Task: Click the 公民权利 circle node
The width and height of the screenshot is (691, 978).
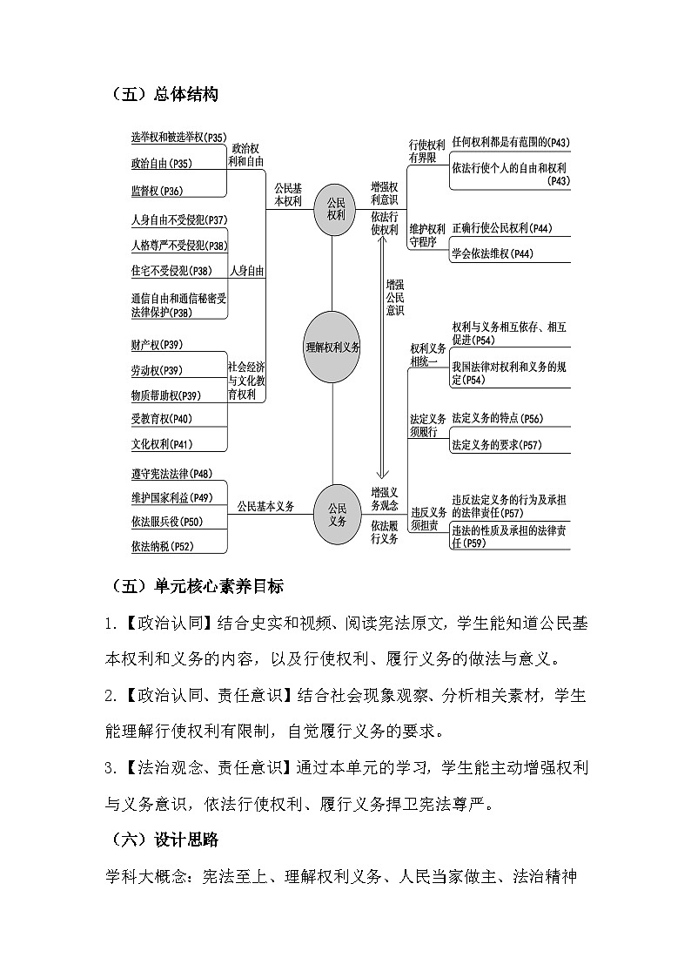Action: click(x=336, y=209)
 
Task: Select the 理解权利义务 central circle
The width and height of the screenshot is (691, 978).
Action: click(x=332, y=346)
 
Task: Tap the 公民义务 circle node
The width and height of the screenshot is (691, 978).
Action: click(x=336, y=514)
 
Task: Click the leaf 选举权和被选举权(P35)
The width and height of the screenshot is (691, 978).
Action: click(x=178, y=138)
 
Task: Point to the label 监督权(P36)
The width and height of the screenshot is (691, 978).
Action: click(x=157, y=191)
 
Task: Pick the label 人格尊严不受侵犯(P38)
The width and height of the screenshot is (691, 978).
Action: click(x=178, y=245)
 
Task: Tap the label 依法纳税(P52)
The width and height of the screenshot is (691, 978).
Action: click(x=162, y=546)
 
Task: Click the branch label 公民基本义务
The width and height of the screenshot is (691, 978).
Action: click(x=266, y=506)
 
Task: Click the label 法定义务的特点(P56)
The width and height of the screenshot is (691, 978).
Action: click(x=497, y=419)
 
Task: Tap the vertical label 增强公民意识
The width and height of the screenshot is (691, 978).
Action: click(x=395, y=297)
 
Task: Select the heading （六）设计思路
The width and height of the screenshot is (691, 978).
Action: click(x=164, y=840)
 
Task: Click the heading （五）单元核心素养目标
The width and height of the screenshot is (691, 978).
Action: click(x=198, y=586)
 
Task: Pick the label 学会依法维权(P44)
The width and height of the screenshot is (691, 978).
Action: click(x=493, y=253)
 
